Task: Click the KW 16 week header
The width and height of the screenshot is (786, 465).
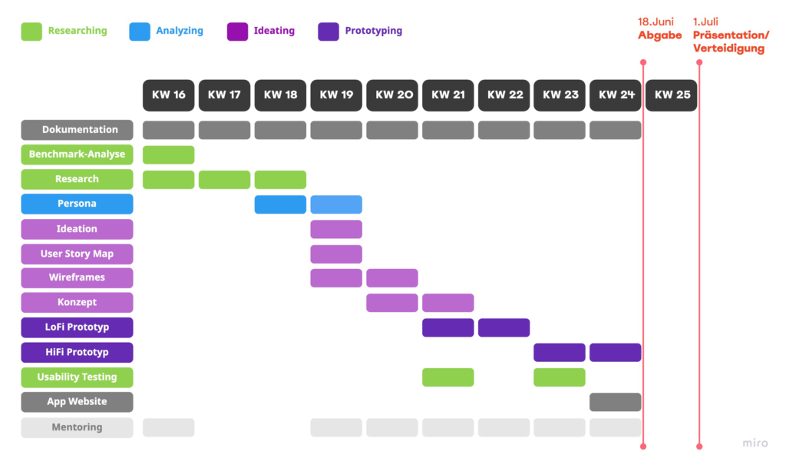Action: tap(168, 95)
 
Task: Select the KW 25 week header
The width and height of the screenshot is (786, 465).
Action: tap(672, 95)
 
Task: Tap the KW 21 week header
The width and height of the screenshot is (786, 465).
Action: tap(447, 95)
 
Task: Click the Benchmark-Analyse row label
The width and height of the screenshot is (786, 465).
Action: tap(77, 154)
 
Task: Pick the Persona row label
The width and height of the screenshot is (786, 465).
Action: tap(77, 204)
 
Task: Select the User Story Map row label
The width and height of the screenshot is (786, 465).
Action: tap(77, 254)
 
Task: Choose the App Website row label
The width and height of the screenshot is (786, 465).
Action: tap(77, 402)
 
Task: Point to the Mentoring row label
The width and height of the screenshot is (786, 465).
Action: tap(77, 427)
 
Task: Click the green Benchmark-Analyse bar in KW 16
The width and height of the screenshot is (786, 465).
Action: tap(168, 154)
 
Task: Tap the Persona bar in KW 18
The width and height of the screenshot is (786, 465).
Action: tap(280, 204)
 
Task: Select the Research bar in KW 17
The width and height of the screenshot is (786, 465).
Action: tap(224, 179)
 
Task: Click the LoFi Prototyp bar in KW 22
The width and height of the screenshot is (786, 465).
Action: tap(504, 327)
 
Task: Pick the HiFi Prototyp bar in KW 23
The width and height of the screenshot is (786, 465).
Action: tap(560, 352)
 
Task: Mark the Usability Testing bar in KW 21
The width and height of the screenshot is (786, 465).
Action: tap(447, 377)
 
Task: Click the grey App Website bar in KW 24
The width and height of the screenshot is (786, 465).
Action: tap(615, 402)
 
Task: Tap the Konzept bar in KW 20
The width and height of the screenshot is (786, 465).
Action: tap(391, 303)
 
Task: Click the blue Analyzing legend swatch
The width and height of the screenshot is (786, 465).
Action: tap(140, 32)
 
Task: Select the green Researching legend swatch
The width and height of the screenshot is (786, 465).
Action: tap(31, 32)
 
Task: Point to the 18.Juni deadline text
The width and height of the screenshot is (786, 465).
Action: tap(656, 22)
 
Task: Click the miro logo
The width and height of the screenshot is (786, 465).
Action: tap(755, 443)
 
